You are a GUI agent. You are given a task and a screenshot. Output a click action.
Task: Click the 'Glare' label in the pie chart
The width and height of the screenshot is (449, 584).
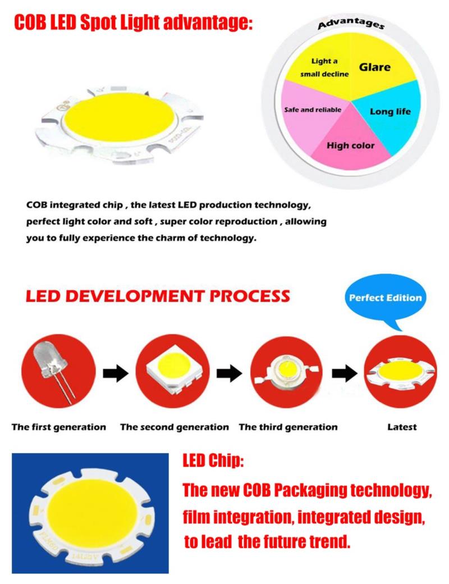click(x=374, y=67)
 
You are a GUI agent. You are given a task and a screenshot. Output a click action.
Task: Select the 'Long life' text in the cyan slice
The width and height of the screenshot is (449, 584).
click(x=390, y=111)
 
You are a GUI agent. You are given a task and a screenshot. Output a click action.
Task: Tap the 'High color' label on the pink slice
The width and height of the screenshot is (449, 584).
click(x=350, y=145)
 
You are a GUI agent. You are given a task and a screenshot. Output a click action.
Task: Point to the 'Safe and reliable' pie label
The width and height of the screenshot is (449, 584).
click(x=313, y=110)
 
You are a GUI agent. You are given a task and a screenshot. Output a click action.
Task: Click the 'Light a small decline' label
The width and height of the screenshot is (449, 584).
click(x=324, y=67)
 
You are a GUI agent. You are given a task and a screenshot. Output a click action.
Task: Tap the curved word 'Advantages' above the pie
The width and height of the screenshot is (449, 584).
click(x=351, y=22)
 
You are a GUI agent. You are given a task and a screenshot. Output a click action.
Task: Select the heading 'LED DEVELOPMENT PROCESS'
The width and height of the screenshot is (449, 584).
click(x=158, y=296)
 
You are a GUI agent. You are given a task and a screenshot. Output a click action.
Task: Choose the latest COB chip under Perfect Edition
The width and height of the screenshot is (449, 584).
click(x=401, y=372)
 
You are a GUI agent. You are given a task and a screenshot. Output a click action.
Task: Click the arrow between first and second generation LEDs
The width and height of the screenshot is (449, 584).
click(x=116, y=373)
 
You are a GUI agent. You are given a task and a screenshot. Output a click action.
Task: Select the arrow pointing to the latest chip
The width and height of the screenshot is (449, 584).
click(x=345, y=373)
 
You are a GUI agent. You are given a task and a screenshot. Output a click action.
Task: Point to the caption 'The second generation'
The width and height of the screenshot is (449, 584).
click(x=174, y=427)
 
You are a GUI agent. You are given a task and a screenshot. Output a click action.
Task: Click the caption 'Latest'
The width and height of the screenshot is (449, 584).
click(x=402, y=427)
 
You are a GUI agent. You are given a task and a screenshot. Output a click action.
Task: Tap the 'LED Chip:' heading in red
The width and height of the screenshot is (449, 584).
click(x=213, y=460)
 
